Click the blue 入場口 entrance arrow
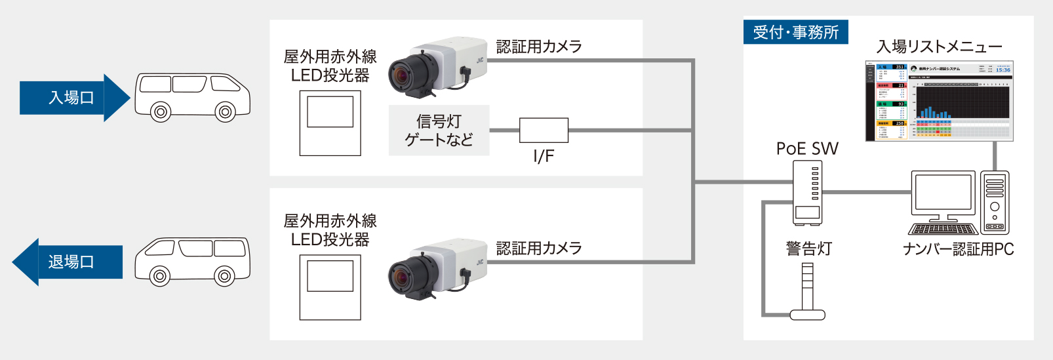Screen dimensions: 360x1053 tap(72, 98)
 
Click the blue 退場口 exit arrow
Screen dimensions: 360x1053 tap(69, 262)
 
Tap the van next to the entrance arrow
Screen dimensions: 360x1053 tap(192, 97)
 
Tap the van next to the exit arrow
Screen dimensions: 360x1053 tap(192, 261)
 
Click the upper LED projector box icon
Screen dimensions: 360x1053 tap(330, 123)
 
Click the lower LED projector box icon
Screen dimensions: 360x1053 tap(330, 287)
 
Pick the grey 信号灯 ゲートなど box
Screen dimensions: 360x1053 tap(439, 130)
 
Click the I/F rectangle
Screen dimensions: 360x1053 tap(544, 130)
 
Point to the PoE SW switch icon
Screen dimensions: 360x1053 tap(807, 192)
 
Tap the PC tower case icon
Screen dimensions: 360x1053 tap(995, 202)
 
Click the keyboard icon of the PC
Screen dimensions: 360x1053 tap(943, 230)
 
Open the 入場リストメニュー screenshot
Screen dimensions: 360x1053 tap(939, 101)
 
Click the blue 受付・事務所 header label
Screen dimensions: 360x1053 tap(795, 32)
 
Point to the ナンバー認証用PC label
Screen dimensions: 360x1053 tap(958, 249)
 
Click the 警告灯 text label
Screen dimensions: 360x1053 tap(808, 249)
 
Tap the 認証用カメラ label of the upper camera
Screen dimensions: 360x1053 tap(539, 47)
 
